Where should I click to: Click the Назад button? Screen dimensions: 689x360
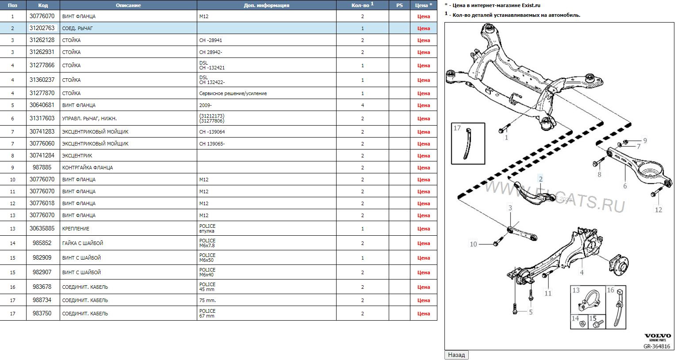click(456, 355)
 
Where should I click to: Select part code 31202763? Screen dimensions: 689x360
click(42, 28)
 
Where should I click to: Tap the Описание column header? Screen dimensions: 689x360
click(128, 5)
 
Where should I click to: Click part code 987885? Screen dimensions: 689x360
click(42, 167)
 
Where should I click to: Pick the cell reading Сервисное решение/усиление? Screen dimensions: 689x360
click(233, 93)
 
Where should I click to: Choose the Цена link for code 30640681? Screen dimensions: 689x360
click(424, 105)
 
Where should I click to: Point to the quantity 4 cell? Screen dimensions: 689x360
click(362, 105)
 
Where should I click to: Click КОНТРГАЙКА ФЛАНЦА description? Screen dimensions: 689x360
click(88, 168)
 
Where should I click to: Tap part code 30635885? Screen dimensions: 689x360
click(42, 228)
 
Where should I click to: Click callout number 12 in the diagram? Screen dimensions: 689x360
click(658, 210)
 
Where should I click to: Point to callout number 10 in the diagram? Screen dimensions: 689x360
click(473, 244)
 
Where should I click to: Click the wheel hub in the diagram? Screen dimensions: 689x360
click(619, 264)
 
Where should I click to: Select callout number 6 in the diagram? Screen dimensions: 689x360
click(625, 186)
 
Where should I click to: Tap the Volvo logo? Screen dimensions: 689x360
click(658, 336)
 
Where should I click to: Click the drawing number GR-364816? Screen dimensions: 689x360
click(657, 346)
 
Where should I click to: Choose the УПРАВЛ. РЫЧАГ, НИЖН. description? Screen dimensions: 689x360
click(89, 119)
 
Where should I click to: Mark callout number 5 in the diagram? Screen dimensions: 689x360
click(531, 312)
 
